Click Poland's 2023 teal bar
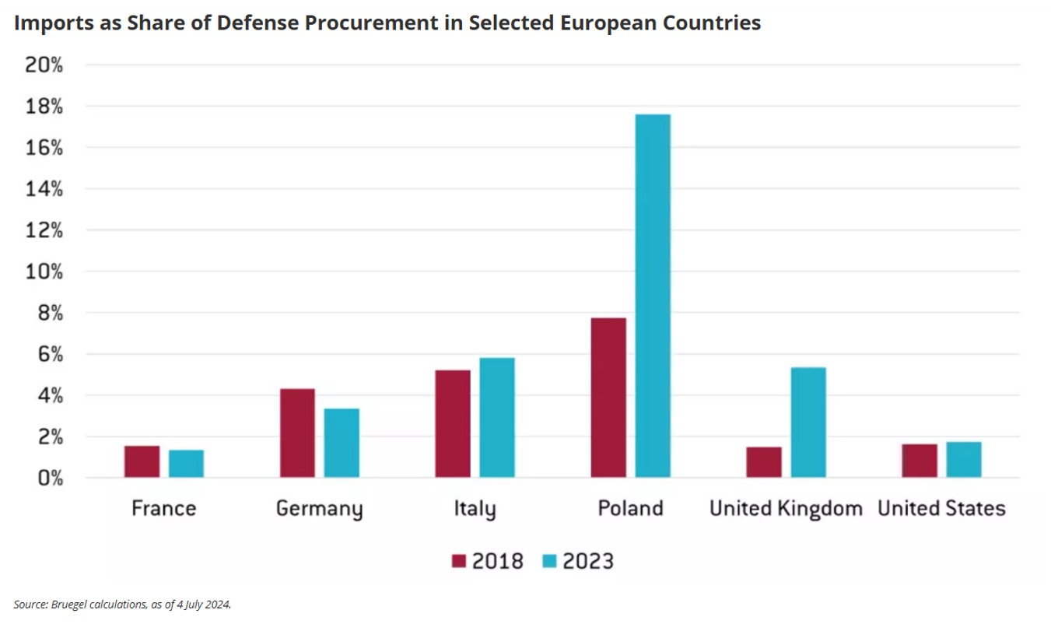pos(653,296)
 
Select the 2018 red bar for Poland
pos(608,397)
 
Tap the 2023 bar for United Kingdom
pos(808,422)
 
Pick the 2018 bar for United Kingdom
pos(764,461)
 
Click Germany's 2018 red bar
pos(297,433)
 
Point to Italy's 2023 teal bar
pos(497,417)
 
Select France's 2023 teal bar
pos(186,463)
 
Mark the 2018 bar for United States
pos(920,460)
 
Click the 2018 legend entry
pos(487,561)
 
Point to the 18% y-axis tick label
pos(44,107)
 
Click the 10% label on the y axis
pos(44,272)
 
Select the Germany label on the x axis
pos(319,510)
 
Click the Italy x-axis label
pos(475,510)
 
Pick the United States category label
pos(941,509)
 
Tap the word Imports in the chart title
pos(53,23)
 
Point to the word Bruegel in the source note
pos(65,604)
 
